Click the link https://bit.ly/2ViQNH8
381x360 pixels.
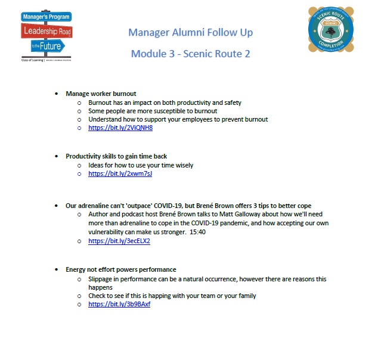120,128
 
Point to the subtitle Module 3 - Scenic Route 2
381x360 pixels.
190,54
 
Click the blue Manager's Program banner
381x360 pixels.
47,17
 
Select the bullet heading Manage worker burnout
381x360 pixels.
101,94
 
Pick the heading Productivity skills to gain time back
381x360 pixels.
116,156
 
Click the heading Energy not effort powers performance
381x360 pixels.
120,269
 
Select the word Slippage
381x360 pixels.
101,279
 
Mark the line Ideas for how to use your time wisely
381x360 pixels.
141,165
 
